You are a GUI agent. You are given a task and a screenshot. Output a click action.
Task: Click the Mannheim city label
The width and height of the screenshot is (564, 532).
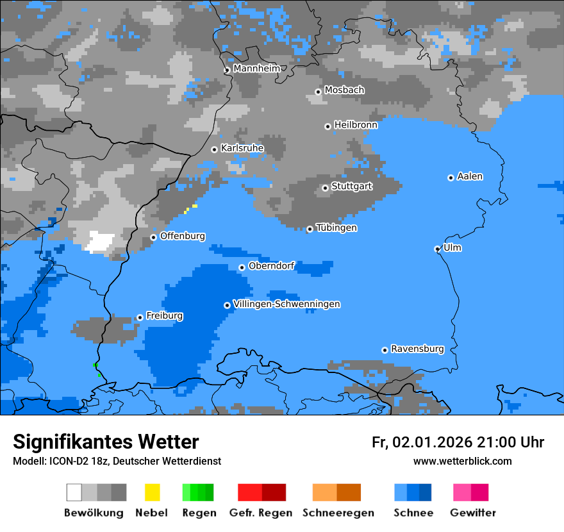[x=256, y=69]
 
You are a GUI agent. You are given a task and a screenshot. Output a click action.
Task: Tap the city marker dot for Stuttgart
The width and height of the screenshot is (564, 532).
[x=326, y=188]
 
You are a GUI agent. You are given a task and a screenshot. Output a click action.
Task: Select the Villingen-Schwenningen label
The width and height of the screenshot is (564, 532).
[x=286, y=304]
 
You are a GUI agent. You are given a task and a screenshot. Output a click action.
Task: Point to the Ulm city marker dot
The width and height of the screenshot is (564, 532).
[x=438, y=249]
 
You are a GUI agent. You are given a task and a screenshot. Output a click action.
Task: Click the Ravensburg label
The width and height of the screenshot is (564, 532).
[x=417, y=349]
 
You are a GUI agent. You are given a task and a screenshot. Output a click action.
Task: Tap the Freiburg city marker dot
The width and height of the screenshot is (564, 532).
[x=140, y=317]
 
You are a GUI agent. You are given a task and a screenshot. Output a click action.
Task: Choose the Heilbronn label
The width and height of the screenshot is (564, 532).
[x=356, y=125]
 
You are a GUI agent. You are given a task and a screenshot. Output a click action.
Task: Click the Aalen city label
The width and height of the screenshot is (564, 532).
[x=470, y=176]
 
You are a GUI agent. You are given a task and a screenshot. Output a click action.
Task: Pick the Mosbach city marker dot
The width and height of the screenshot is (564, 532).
[x=319, y=92]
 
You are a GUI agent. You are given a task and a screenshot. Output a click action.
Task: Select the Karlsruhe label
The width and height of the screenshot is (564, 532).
[x=242, y=148]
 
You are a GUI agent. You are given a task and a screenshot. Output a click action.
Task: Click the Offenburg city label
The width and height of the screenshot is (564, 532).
[x=183, y=236]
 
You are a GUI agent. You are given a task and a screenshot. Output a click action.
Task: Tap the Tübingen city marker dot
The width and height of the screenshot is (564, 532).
[x=310, y=229]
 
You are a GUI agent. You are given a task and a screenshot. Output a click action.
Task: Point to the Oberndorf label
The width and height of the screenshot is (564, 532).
[x=271, y=265]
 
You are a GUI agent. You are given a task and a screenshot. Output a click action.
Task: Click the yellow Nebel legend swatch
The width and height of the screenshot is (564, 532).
[x=153, y=492]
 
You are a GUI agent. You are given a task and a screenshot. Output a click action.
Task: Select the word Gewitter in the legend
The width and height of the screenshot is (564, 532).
[x=473, y=513]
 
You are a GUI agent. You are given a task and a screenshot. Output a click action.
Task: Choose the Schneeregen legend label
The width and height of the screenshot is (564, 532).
[x=338, y=513]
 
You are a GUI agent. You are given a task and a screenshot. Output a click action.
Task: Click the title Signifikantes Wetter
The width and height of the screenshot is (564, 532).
[x=106, y=442]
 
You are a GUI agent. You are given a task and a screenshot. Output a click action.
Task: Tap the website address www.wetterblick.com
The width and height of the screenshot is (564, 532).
[x=462, y=461]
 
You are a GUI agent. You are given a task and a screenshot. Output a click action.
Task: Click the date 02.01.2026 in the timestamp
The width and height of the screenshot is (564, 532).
[x=432, y=442]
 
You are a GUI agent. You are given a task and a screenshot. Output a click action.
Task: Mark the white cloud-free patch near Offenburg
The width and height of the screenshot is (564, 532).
[x=100, y=241]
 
